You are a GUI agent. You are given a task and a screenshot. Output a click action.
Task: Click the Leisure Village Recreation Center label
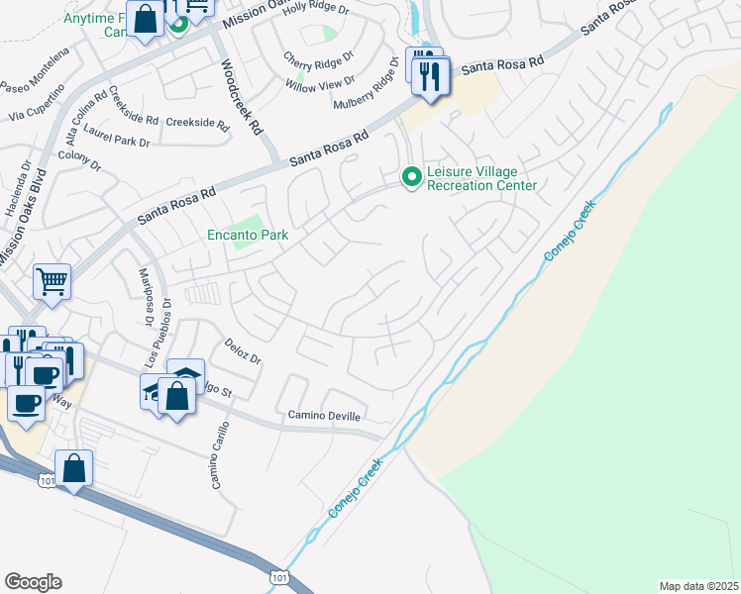click(x=481, y=178)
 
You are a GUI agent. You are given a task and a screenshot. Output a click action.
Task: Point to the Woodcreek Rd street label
click(x=241, y=96)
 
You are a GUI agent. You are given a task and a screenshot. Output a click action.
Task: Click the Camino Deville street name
click(x=324, y=416)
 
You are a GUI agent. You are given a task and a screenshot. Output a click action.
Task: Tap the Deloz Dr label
click(x=242, y=354)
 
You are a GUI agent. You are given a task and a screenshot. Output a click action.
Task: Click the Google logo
click(x=33, y=582)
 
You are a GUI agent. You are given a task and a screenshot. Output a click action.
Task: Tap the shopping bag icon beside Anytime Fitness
click(x=145, y=20)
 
